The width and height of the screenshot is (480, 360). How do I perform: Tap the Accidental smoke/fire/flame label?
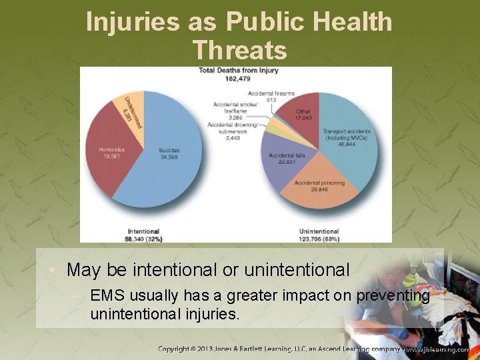233,110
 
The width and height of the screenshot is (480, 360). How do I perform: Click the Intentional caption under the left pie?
143,231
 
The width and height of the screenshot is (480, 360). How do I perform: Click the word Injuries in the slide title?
132,22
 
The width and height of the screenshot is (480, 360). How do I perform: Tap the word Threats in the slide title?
239,50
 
